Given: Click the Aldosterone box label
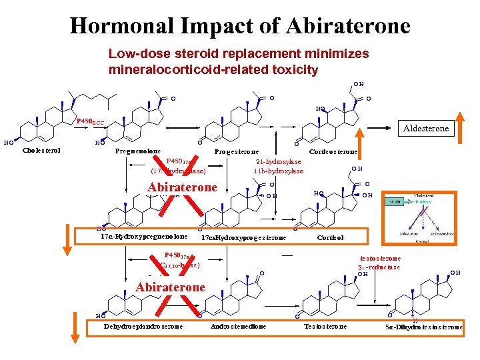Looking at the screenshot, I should point(426,128).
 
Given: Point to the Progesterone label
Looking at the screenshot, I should point(236,152).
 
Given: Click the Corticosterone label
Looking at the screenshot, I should point(333,152).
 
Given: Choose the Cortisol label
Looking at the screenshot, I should point(330,237).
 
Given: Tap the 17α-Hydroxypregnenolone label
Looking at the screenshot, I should point(143,237).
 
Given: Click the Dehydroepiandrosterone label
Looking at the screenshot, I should point(143,327).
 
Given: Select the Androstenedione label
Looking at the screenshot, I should point(238,327).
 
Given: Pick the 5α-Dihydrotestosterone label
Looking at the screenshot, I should point(424,327).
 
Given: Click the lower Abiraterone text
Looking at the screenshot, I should point(170,287).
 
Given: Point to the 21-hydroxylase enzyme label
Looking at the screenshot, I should point(279,161).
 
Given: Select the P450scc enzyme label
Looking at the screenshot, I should point(89,121).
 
